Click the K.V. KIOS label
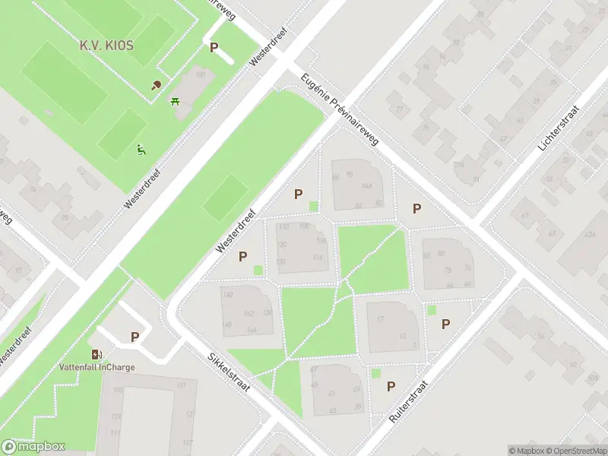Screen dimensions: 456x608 click(106, 46)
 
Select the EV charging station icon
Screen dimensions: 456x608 click(97, 354)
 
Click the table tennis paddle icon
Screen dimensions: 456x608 click(157, 85)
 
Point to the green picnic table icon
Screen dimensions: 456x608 click(176, 100)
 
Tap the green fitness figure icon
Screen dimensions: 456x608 click(140, 150)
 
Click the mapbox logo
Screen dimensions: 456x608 click(33, 447)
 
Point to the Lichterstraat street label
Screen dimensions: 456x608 click(553, 127)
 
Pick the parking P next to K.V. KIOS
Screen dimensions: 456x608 click(214, 47)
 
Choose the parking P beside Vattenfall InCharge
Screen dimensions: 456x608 click(135, 337)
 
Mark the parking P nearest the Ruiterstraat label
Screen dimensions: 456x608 click(391, 386)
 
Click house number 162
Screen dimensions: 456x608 click(248, 313)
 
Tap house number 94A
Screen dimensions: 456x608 click(368, 185)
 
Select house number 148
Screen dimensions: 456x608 click(227, 296)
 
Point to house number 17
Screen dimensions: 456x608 click(381, 318)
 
